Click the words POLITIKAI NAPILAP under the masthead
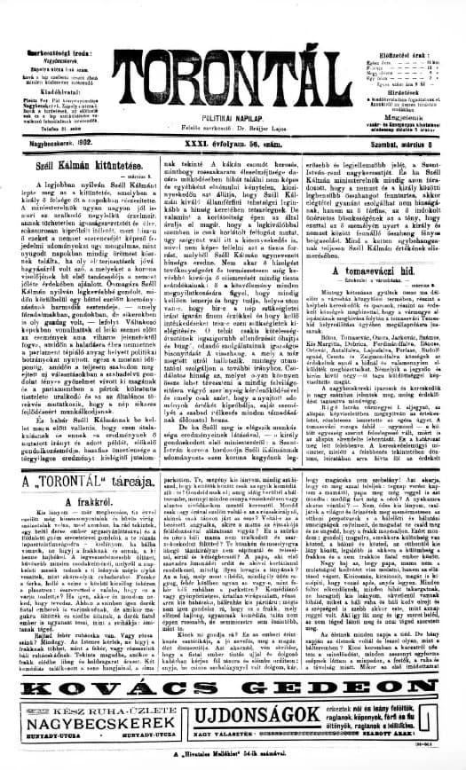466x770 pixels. pos(232,104)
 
